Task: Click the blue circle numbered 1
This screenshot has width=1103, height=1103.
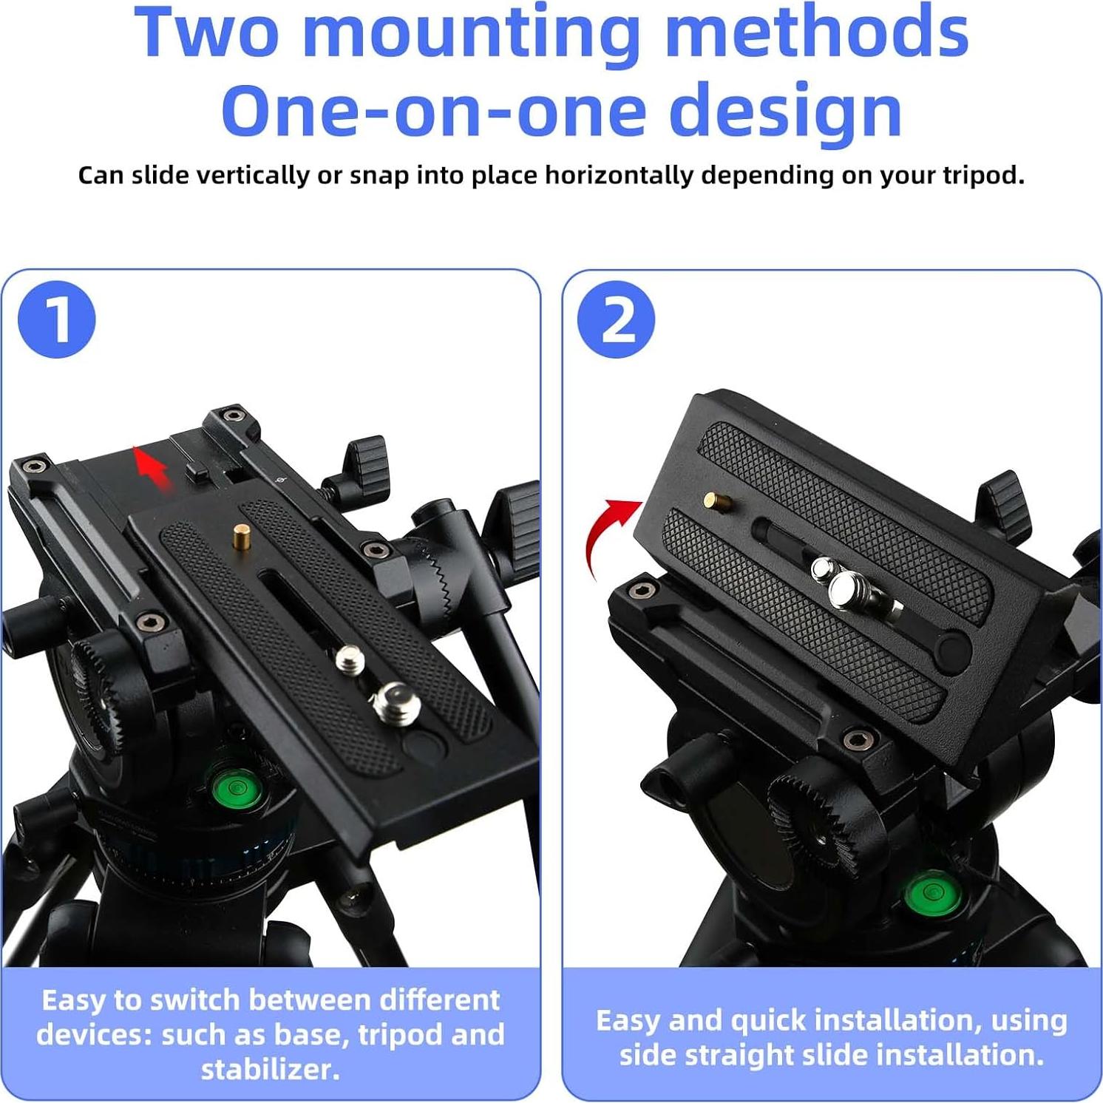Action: (x=57, y=319)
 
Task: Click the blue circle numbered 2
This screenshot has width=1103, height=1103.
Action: (x=617, y=319)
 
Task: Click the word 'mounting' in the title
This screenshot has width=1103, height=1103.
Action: (x=470, y=33)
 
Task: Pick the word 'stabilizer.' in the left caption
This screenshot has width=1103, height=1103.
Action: (x=271, y=1069)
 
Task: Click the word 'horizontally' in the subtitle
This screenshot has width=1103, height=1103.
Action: (x=619, y=176)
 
